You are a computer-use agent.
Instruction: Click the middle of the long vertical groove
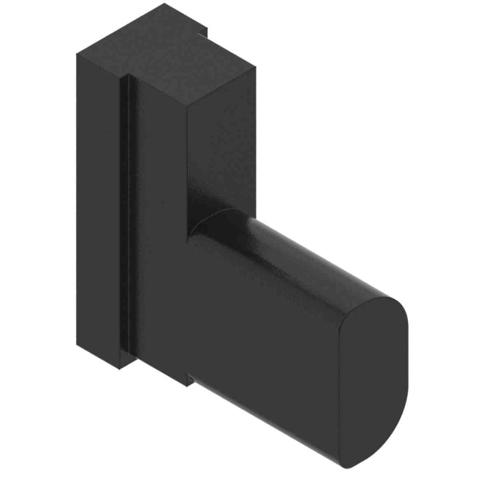(125, 212)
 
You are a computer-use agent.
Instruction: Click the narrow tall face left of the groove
(99, 205)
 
